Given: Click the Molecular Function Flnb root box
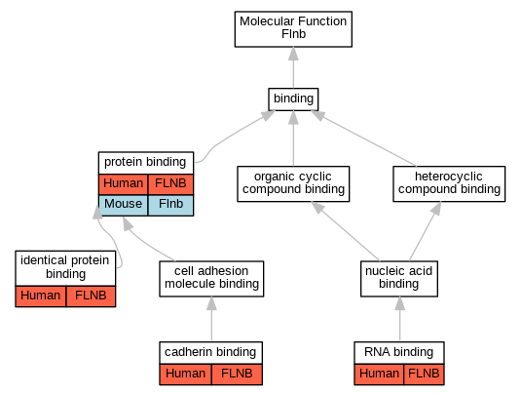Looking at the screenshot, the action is [293, 29].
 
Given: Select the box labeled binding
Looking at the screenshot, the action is [293, 99].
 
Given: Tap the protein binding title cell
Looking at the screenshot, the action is [146, 163].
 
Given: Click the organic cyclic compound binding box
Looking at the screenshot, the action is [293, 183].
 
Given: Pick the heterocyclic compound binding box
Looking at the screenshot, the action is [449, 183].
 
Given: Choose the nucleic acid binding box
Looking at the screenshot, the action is [399, 279].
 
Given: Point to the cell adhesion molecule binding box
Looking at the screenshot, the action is [211, 279].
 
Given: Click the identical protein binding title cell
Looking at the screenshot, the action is [65, 268].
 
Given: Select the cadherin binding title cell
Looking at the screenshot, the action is [211, 353].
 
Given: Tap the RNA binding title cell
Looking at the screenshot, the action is [399, 353].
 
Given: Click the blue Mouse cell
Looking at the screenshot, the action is [123, 205].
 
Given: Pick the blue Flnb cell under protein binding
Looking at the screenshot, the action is [170, 205].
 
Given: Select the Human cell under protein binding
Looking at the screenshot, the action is [123, 184].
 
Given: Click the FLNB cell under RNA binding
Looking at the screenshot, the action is [424, 375].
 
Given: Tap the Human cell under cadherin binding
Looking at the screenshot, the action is [185, 375].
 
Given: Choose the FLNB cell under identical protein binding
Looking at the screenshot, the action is [91, 296].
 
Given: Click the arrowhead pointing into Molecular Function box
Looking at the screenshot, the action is [293, 54].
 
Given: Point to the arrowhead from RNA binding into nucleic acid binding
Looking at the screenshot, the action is [399, 303].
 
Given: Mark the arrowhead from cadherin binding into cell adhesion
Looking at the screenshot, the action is [211, 303].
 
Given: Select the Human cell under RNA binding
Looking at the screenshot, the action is [379, 375].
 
